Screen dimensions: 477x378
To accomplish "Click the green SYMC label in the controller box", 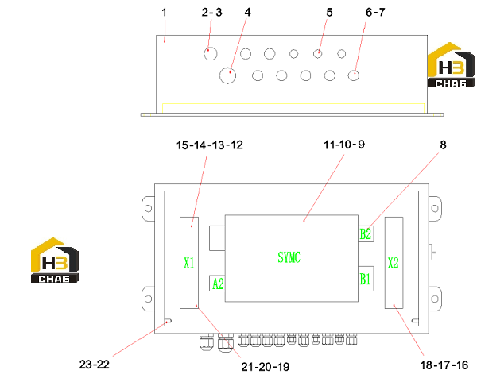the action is (289, 257).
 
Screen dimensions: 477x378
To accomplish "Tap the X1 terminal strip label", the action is (189, 263).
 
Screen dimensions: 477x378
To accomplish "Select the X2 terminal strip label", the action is (393, 263).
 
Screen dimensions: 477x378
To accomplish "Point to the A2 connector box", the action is (217, 283).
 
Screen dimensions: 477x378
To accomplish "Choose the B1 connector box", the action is (366, 279).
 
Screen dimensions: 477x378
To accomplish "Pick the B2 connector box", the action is (366, 234).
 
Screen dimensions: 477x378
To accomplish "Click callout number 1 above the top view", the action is (165, 13).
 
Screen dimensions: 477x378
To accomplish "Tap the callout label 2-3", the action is (211, 13).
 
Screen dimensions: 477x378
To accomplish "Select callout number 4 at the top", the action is (247, 13).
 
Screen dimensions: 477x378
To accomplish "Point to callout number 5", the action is (329, 13).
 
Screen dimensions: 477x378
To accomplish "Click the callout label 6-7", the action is (375, 13).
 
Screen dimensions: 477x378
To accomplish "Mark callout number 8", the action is (443, 145).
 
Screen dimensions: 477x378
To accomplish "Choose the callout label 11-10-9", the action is (344, 145).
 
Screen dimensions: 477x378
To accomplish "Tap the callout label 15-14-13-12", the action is (210, 145).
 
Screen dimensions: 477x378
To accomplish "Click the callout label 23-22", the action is (95, 364).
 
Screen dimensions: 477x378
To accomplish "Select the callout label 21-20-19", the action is (266, 367).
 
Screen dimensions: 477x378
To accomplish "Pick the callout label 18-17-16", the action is (444, 365).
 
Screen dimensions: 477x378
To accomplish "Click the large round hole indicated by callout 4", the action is (227, 75).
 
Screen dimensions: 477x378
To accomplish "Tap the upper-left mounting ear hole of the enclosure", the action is (148, 208).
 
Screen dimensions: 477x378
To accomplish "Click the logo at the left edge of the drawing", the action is (55, 260).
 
